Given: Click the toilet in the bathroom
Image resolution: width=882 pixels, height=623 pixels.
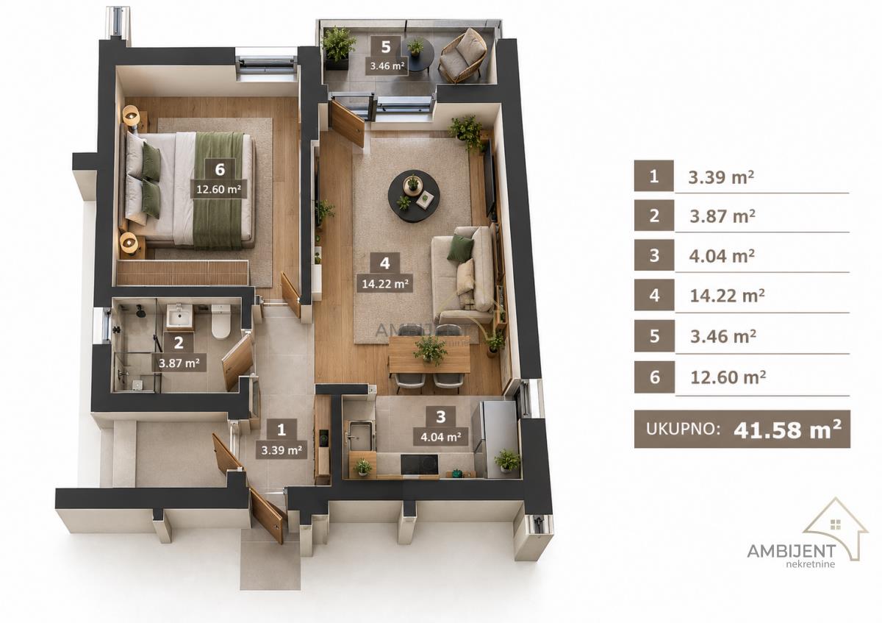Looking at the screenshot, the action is click(x=220, y=321).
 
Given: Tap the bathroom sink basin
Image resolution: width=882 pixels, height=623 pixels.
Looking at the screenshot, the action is click(x=179, y=316).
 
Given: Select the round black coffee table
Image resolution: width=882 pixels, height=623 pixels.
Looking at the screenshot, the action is click(x=415, y=198).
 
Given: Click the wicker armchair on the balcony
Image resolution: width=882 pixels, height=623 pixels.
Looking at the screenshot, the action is click(x=462, y=55).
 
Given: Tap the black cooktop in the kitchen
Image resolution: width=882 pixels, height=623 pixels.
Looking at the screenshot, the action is click(x=420, y=465).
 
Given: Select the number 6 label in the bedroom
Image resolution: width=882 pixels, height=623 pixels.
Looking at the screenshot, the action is click(x=220, y=169).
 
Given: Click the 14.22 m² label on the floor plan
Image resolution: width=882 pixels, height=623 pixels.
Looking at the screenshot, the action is click(x=384, y=283).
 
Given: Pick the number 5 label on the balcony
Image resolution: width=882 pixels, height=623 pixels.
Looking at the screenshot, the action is click(x=386, y=47).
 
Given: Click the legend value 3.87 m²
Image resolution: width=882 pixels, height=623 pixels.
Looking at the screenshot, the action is click(x=723, y=216).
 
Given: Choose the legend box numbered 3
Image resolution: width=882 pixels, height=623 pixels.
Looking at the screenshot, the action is click(x=654, y=255).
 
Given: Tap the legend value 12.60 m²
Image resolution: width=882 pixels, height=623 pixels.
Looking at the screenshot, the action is click(x=728, y=377).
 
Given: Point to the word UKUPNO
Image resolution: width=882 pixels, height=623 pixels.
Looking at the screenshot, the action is click(x=683, y=429).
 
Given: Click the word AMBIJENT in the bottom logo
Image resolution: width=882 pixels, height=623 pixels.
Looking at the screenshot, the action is click(x=792, y=550).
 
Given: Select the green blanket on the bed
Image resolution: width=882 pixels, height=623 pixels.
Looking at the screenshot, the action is click(x=219, y=191).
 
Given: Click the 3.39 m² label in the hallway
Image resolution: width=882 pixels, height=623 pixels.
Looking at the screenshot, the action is click(x=281, y=450).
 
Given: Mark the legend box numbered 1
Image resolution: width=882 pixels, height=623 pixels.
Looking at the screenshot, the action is click(x=653, y=176).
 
